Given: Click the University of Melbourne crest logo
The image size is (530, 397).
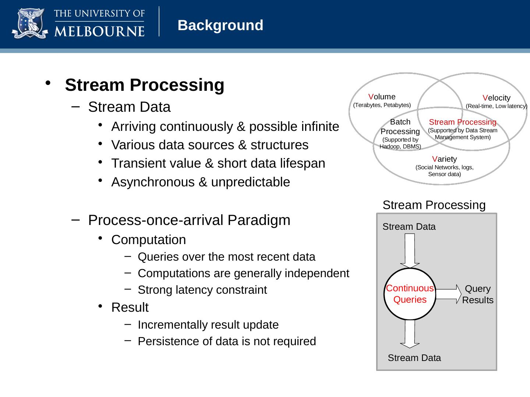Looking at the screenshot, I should click(29, 24).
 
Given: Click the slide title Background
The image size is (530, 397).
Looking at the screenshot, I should click(220, 25).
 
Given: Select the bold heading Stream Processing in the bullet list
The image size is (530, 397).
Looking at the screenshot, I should click(144, 85).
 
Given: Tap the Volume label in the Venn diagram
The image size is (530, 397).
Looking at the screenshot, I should click(382, 97).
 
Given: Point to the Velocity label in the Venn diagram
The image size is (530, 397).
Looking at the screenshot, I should click(496, 98).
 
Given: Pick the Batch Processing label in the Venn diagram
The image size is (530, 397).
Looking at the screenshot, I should click(400, 126).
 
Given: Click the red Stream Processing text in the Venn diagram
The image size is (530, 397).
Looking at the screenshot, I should click(463, 122).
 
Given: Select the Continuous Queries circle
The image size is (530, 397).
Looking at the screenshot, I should click(410, 294).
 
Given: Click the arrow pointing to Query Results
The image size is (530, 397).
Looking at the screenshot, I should click(448, 294).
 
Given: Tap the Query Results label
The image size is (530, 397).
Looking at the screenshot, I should click(477, 294).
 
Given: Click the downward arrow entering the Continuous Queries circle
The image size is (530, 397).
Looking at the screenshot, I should click(410, 251).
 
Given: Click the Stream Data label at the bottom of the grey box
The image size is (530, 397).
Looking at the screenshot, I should click(414, 358).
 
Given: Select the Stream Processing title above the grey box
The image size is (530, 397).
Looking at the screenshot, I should click(434, 205).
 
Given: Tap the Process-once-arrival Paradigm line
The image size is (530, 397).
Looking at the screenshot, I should click(189, 220).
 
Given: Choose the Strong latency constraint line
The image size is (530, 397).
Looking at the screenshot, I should click(202, 290).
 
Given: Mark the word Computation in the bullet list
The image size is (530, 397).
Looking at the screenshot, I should click(149, 240).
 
